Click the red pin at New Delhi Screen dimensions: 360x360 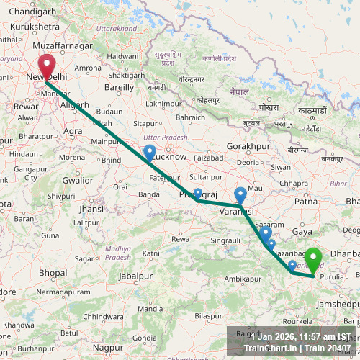click(47, 67)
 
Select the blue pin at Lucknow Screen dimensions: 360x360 click(149, 153)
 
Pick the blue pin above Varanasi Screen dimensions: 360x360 click(241, 194)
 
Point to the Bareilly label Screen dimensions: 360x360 click(120, 87)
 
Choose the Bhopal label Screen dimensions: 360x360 click(53, 274)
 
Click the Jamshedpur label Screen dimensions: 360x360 click(337, 305)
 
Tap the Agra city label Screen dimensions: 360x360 click(73, 131)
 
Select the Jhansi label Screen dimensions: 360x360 click(91, 209)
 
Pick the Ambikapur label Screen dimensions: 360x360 click(243, 278)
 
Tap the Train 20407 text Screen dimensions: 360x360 click(328, 348)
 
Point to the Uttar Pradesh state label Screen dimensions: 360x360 click(165, 137)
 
